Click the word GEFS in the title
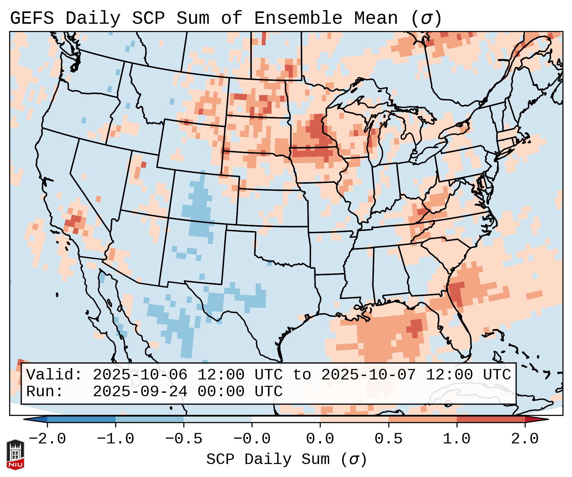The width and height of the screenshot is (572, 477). [x=32, y=18]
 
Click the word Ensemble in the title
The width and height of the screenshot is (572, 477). [x=298, y=18]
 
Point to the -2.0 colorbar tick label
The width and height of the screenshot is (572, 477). [x=47, y=439]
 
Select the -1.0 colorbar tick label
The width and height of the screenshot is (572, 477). [x=115, y=439]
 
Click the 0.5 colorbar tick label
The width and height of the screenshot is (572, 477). [x=388, y=439]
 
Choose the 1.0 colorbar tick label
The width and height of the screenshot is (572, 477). [x=457, y=439]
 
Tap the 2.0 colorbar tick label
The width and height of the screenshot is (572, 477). [x=525, y=439]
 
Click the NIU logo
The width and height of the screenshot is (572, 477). [x=15, y=455]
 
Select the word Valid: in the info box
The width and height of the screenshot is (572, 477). [x=54, y=375]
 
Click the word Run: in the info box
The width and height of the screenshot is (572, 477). [x=45, y=391]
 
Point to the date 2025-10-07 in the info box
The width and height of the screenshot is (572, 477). [x=368, y=375]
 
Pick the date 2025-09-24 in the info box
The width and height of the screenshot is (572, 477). [x=140, y=391]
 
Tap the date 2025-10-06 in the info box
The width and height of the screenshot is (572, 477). [x=140, y=375]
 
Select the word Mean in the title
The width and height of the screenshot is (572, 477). [x=376, y=18]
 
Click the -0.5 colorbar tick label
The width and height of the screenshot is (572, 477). [x=184, y=439]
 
